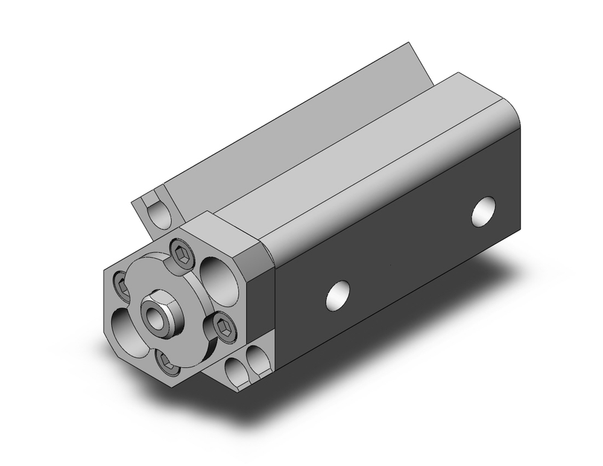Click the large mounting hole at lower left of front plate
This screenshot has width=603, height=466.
point(130,329)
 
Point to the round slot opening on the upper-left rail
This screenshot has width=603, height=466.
point(159,214)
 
